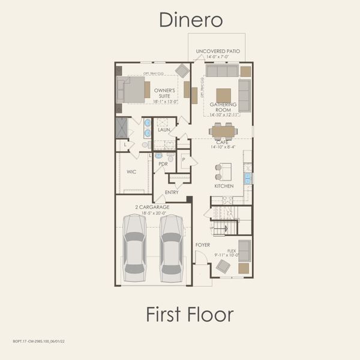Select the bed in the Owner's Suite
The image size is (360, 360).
coord(133,90)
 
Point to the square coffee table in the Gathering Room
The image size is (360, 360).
coord(223,95)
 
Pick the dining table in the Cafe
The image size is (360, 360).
coord(223,131)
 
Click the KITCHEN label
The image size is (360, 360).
coord(224,186)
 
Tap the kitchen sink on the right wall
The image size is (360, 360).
coord(247,178)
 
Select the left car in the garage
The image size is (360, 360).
coord(134,247)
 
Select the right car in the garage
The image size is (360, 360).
coord(172,247)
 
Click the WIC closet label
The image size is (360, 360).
coord(131,172)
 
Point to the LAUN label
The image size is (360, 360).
coord(164,130)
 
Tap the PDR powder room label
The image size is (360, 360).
coord(163,164)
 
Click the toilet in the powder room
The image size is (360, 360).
coord(171,157)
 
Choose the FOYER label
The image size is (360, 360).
coord(203,245)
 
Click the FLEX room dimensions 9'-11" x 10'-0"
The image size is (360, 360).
coord(227,255)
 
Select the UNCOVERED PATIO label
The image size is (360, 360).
coord(217,52)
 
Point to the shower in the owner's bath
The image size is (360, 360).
coord(122,128)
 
